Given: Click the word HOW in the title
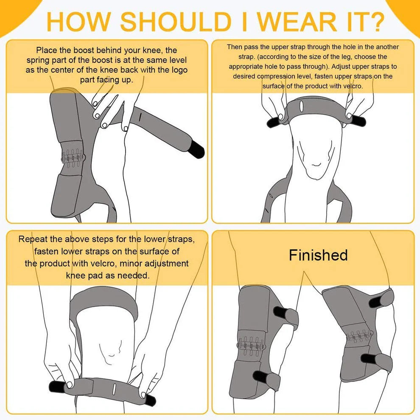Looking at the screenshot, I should pos(80,20).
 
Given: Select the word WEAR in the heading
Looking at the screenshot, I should pos(280,20).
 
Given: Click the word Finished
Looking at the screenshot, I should pos(318,255).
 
